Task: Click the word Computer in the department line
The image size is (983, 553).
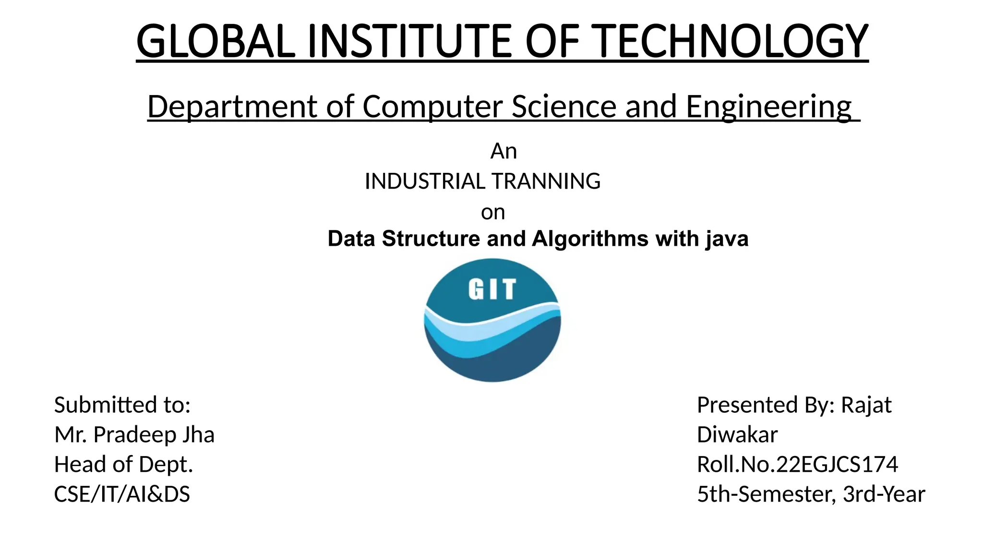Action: [x=432, y=107]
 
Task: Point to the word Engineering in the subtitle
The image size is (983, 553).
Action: [x=768, y=107]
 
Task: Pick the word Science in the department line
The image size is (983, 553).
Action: [x=563, y=107]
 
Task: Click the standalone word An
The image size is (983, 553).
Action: [x=503, y=152]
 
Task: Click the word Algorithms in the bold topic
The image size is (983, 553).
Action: [x=590, y=239]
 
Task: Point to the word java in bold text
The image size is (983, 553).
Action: [x=727, y=239]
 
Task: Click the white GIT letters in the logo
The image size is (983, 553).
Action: [x=492, y=289]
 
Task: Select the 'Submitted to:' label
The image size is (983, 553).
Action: [x=122, y=405]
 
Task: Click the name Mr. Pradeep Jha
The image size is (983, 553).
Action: [x=134, y=435]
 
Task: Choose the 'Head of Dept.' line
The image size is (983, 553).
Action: [x=123, y=465]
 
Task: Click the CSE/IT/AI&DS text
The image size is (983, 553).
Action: [x=122, y=494]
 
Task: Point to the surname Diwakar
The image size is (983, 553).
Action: [x=737, y=435]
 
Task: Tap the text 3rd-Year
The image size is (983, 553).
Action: [x=884, y=494]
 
